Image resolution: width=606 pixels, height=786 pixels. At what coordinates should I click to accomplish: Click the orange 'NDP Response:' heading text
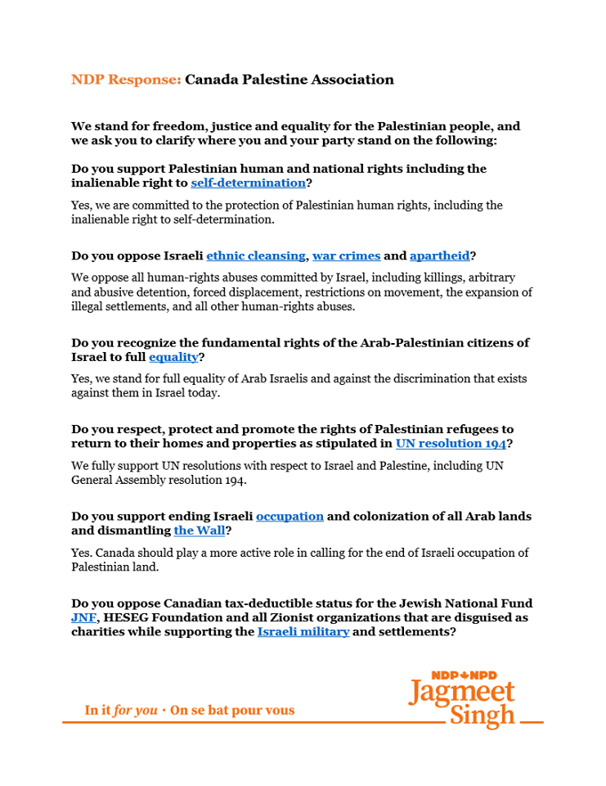click(126, 79)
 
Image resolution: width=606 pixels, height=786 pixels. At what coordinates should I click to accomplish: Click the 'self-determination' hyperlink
click(248, 183)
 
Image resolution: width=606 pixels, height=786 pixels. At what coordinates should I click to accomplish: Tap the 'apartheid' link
click(439, 255)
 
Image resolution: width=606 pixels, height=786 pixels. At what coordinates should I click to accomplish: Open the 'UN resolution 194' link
click(451, 444)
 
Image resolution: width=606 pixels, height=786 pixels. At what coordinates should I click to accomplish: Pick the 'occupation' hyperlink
click(290, 516)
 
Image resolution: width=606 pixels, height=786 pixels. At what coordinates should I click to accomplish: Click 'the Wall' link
click(199, 531)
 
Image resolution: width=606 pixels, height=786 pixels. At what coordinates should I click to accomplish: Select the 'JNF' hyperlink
click(84, 617)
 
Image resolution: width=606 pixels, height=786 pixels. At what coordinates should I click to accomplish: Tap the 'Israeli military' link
click(303, 632)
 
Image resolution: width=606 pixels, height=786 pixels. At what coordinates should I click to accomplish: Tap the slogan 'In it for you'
click(121, 711)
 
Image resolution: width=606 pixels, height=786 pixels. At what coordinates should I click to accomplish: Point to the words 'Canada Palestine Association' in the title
click(290, 79)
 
